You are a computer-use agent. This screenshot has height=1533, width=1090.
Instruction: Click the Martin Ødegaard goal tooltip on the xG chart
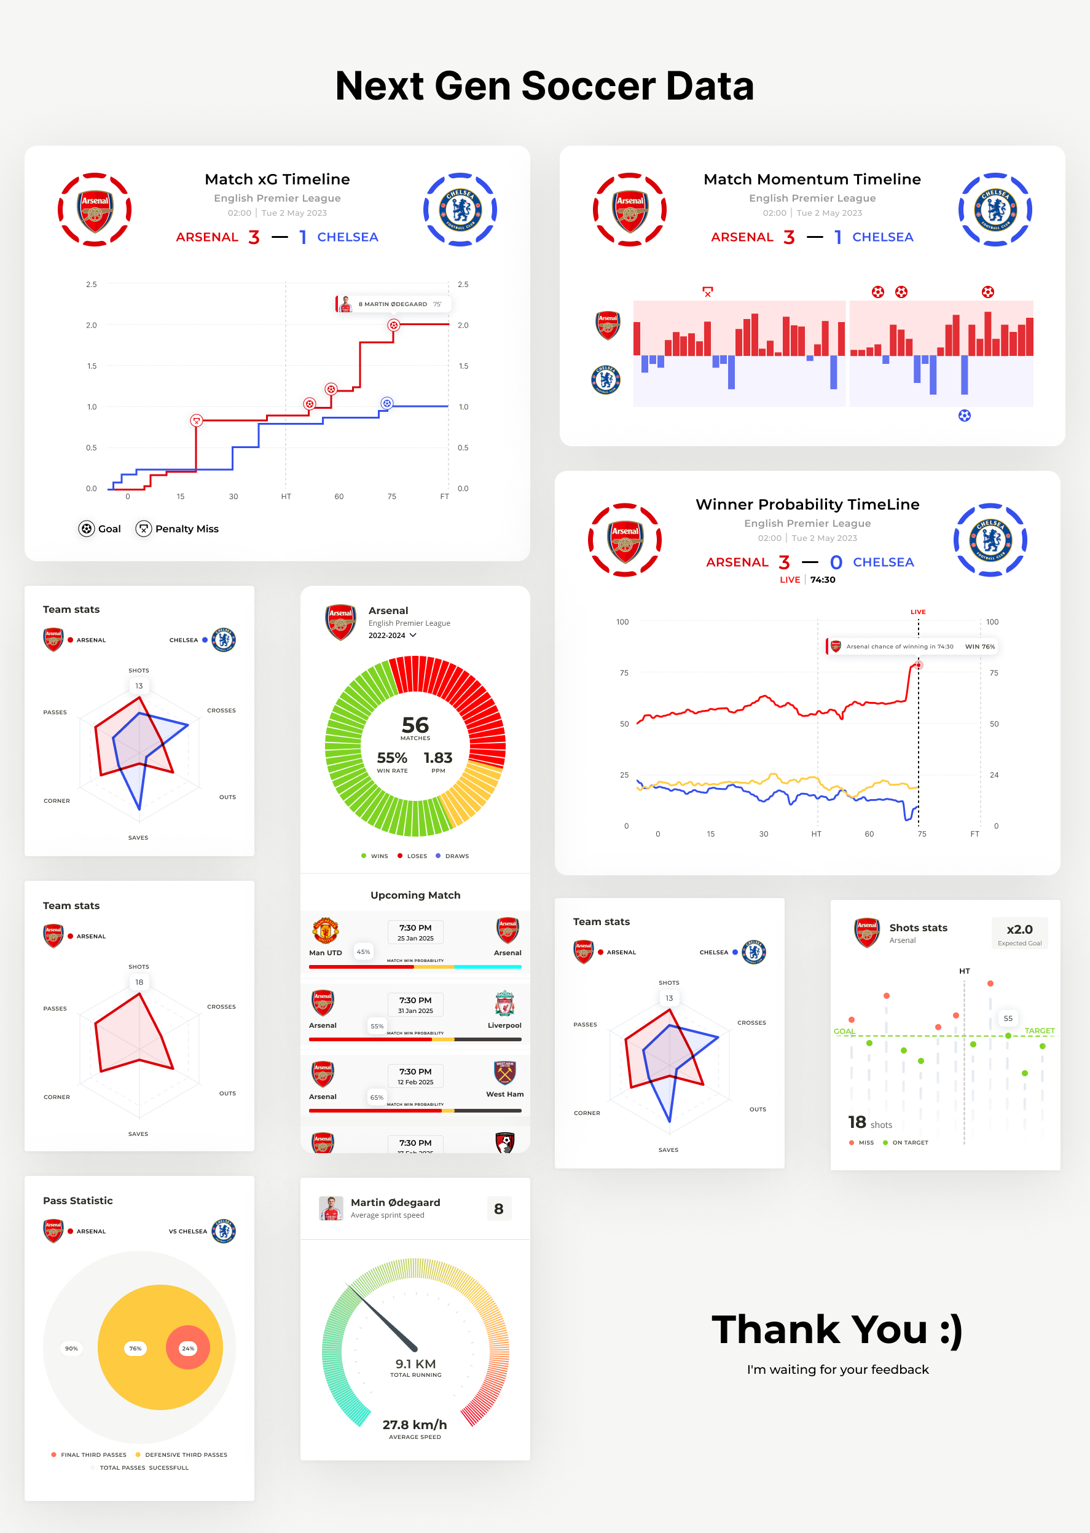click(393, 304)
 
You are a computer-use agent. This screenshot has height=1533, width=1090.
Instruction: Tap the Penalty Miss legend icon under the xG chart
click(144, 529)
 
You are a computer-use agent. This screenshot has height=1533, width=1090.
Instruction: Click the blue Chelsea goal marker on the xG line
click(386, 403)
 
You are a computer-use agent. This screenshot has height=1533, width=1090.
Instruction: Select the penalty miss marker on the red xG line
click(196, 420)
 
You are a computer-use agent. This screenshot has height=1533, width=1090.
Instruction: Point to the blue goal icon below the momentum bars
click(965, 416)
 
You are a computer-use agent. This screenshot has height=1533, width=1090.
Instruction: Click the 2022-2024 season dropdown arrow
click(413, 635)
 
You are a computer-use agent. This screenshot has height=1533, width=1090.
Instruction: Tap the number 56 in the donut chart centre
click(415, 725)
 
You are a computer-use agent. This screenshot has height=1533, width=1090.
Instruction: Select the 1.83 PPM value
click(437, 758)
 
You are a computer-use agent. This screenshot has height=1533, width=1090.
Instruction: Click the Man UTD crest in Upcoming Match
click(325, 931)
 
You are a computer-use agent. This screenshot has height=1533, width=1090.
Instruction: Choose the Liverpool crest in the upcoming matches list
click(504, 1003)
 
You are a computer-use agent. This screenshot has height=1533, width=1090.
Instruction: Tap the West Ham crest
click(504, 1073)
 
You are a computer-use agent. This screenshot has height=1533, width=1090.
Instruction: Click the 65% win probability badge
click(377, 1097)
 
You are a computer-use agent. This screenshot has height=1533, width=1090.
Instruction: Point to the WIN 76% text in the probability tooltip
click(980, 647)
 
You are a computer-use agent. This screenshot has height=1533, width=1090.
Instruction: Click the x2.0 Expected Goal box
click(1019, 932)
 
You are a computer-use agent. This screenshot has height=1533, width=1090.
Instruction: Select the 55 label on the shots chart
click(1008, 1018)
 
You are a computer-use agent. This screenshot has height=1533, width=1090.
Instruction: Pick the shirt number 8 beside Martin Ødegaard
click(499, 1208)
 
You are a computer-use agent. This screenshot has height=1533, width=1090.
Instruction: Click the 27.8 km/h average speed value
click(415, 1425)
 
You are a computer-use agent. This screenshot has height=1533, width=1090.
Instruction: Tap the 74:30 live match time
click(822, 580)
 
